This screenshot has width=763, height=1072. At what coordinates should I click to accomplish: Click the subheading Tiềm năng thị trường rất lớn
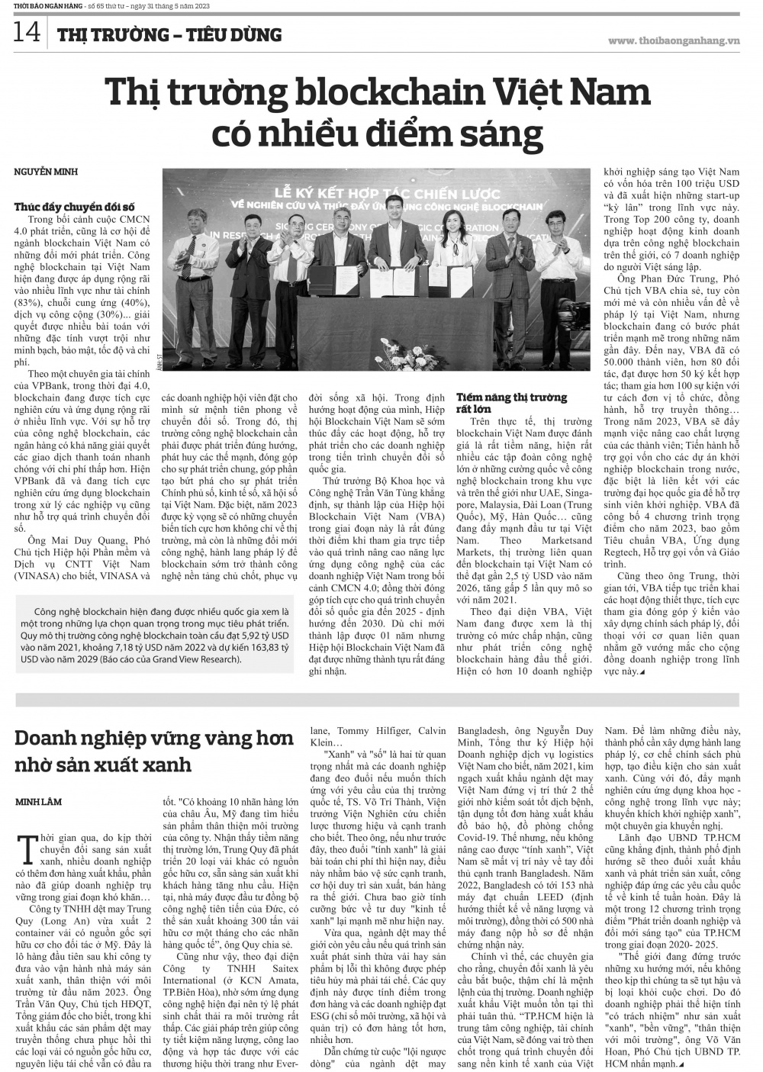coord(511,403)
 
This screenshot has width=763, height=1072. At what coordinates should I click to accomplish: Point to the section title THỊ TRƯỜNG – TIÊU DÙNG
coord(169,35)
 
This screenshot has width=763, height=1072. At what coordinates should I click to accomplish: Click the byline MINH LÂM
coord(39,802)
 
